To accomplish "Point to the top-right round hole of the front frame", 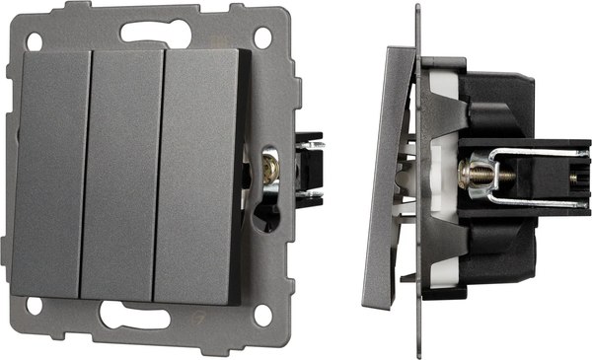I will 262,37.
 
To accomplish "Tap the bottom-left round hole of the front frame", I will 36,307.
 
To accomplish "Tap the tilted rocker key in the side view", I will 391,178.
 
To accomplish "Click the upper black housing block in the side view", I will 493,94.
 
